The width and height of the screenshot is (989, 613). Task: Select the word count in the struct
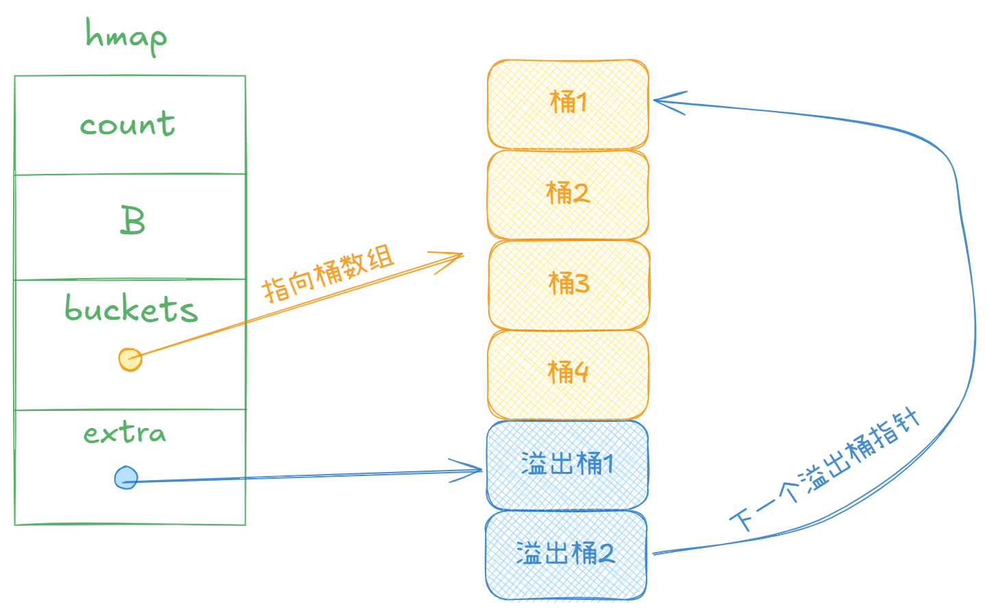[x=127, y=125]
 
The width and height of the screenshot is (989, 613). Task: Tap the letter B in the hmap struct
[x=132, y=221]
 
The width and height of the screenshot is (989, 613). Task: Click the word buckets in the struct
[x=131, y=309]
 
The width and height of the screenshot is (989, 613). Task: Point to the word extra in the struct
[x=125, y=433]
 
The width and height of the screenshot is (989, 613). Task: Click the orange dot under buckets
[x=130, y=359]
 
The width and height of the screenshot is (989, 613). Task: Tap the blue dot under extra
[x=126, y=477]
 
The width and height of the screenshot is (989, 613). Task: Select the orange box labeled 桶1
[x=568, y=103]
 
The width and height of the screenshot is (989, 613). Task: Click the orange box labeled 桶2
[x=568, y=194]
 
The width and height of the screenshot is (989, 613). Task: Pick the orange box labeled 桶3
[x=568, y=284]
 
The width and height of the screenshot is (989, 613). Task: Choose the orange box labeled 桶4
[x=568, y=373]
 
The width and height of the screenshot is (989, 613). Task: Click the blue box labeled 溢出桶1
[x=567, y=464]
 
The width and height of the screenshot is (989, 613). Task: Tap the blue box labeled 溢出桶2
[x=566, y=553]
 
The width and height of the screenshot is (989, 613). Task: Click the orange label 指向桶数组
[x=329, y=275]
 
